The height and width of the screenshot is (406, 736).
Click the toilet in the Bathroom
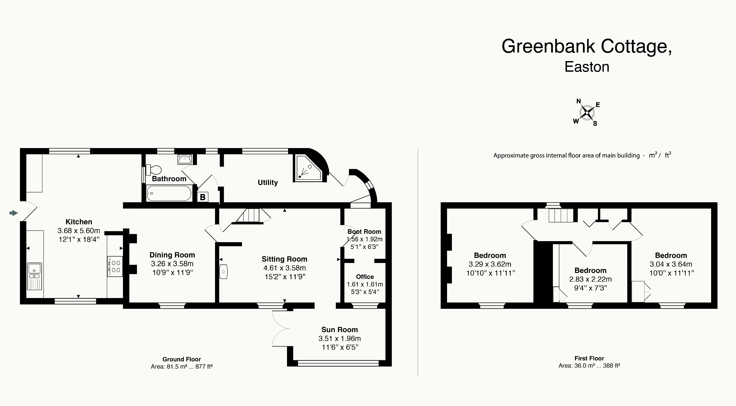tap(153, 170)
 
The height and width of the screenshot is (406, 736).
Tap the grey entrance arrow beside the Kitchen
tap(13, 213)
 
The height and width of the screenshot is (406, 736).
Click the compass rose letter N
tap(579, 101)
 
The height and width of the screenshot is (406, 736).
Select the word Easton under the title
tap(587, 67)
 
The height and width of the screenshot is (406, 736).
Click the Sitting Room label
tap(285, 259)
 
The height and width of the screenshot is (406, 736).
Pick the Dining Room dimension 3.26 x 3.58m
tap(172, 264)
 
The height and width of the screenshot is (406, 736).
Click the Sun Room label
tap(339, 330)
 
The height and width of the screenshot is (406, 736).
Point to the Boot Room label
tap(364, 232)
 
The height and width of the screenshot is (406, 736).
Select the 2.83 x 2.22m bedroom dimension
tap(590, 279)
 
